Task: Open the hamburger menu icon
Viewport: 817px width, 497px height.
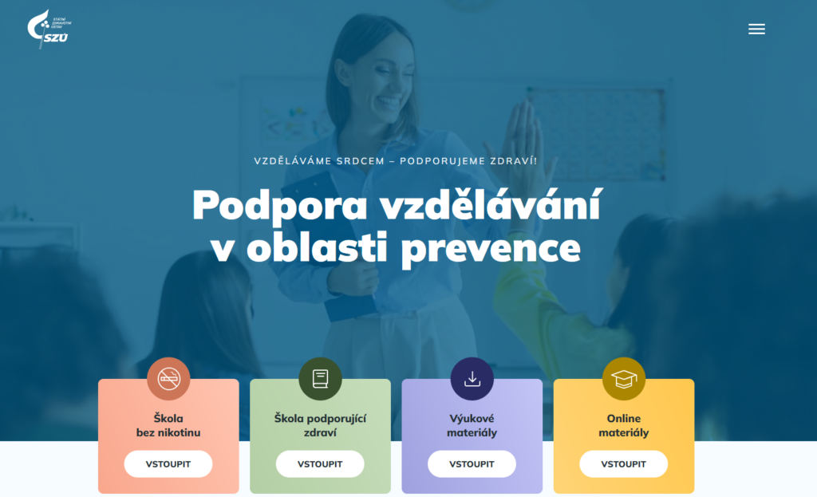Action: point(756,30)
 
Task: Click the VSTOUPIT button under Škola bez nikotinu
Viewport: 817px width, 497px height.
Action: point(168,463)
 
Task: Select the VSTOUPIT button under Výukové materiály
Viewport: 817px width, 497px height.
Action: point(472,463)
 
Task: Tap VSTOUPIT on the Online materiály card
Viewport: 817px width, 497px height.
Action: point(623,463)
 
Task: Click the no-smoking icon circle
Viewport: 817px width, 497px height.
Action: point(168,379)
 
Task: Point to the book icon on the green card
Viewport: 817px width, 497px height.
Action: point(320,379)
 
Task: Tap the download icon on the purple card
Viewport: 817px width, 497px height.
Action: point(472,379)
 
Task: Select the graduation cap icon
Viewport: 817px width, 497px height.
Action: point(623,379)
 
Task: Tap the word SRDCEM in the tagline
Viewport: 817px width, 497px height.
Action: point(363,160)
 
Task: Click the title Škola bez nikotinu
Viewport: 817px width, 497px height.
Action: point(168,425)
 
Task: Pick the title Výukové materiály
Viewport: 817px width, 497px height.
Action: point(472,425)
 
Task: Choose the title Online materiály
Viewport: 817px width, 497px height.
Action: point(623,425)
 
